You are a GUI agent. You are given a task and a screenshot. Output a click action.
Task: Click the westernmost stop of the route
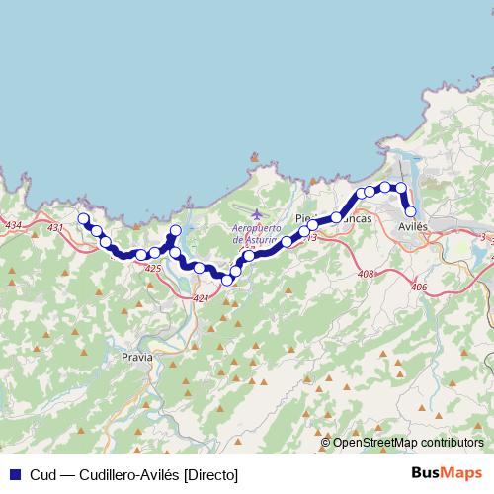(84, 219)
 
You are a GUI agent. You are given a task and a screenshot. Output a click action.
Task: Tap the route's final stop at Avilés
(410, 210)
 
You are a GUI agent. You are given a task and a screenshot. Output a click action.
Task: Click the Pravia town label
(136, 356)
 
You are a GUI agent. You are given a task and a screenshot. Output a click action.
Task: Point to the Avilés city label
(412, 226)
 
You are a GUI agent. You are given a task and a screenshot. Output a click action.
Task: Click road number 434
(13, 226)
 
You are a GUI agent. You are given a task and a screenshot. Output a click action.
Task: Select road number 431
(54, 228)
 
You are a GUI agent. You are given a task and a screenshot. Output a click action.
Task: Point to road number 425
(152, 268)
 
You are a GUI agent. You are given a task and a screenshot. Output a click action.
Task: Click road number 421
(202, 297)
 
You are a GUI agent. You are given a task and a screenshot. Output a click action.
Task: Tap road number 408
(367, 274)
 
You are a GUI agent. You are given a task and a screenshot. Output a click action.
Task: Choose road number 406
(418, 287)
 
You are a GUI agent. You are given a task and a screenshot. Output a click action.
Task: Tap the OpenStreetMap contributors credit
(407, 443)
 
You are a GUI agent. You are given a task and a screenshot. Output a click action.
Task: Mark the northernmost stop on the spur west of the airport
(176, 231)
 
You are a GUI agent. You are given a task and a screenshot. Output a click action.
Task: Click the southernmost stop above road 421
(227, 280)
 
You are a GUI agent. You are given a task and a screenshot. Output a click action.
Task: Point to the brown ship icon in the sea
(254, 156)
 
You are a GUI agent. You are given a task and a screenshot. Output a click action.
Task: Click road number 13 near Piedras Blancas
(312, 238)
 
